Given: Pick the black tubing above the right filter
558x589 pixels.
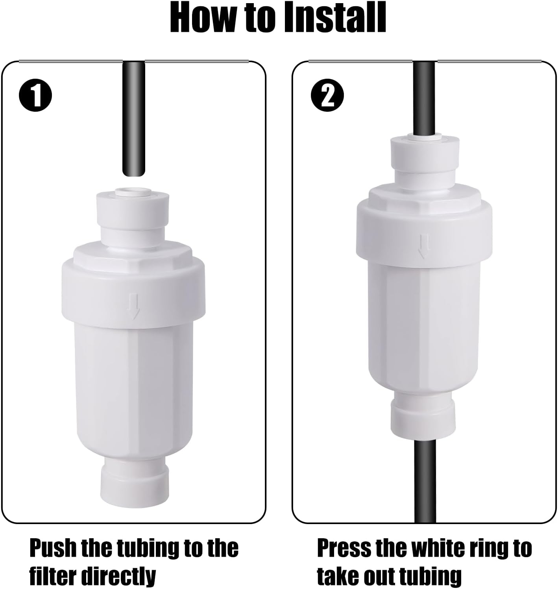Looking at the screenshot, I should click(x=425, y=98).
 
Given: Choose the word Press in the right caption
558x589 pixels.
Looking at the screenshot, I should click(x=344, y=548).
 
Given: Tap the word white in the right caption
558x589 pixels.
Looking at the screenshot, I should click(x=435, y=548).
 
